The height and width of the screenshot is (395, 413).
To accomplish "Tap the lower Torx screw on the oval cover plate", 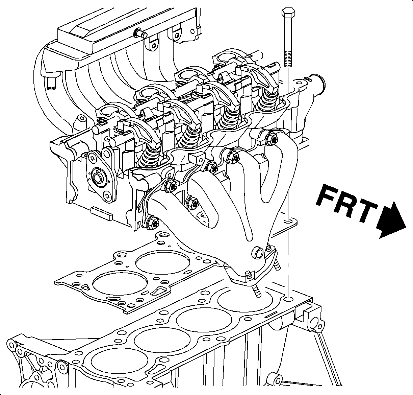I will tap(107, 195).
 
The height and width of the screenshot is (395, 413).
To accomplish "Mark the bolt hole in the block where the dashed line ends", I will tap(288, 299).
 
